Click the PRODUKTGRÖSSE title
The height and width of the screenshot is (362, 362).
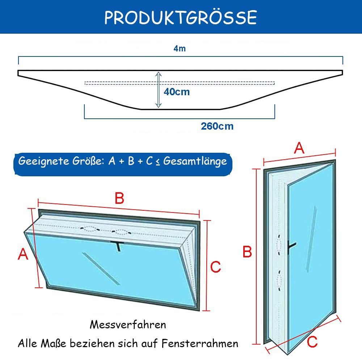click(181, 17)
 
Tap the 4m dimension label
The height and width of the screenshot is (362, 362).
click(180, 49)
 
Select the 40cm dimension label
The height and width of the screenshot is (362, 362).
click(177, 92)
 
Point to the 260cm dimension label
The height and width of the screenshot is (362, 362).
click(217, 126)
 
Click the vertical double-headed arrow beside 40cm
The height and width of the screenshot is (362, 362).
click(159, 89)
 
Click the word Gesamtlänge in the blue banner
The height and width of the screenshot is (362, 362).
click(195, 161)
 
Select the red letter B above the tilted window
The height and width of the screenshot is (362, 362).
click(119, 198)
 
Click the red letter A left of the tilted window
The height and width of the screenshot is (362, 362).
click(23, 254)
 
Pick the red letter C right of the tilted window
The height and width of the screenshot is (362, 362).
click(216, 267)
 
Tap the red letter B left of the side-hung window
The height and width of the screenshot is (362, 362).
click(247, 252)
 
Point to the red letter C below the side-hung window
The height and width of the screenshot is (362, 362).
click(312, 342)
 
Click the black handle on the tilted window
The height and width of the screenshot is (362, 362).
click(118, 246)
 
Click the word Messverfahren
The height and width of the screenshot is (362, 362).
click(128, 325)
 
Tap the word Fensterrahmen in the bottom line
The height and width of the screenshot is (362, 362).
click(200, 344)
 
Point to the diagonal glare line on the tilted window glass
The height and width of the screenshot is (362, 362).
click(101, 269)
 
